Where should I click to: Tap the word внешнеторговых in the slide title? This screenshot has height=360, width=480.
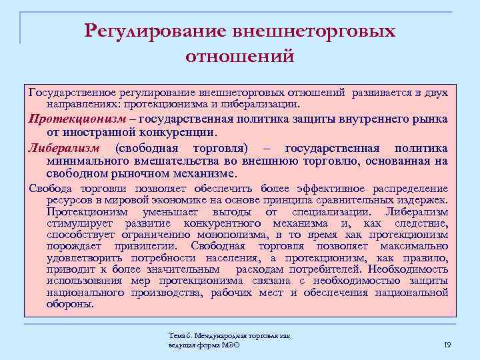click(313, 31)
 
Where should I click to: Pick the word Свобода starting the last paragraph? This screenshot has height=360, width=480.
click(49, 189)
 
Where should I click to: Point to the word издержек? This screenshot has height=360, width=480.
click(423, 200)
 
